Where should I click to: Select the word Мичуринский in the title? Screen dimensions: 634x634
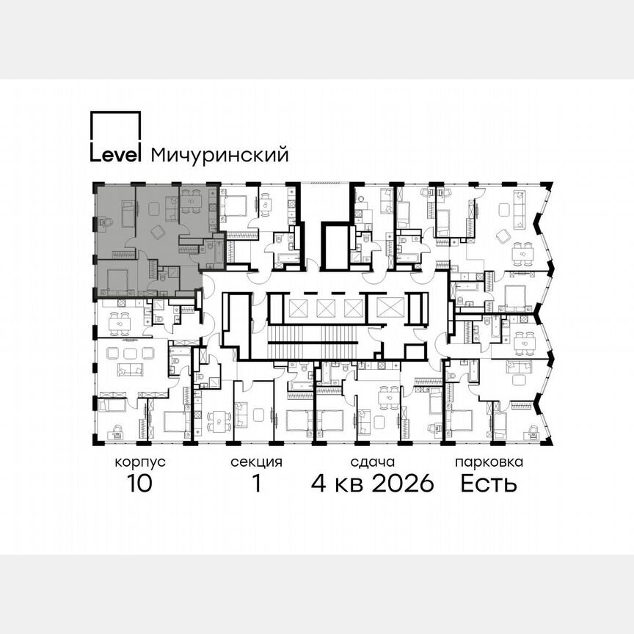[219, 156]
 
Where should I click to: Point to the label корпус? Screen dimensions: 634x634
[139, 463]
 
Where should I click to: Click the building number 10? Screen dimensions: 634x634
[139, 484]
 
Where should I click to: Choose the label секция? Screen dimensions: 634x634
[256, 463]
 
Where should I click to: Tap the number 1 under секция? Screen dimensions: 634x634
[256, 484]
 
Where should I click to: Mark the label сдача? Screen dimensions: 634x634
[373, 463]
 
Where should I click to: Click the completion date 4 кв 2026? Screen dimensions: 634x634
[373, 484]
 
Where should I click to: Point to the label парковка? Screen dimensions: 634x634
[489, 463]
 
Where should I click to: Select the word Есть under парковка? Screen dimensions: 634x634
[489, 484]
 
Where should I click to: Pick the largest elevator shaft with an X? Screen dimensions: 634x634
[387, 307]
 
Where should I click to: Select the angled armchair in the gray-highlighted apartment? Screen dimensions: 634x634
[156, 231]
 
